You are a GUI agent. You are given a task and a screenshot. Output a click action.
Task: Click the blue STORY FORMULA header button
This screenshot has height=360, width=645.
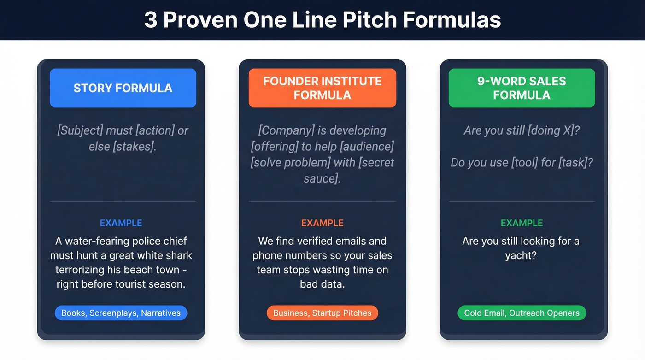(123, 88)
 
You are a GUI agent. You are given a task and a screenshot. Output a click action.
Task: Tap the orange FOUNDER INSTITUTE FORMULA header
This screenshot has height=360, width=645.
(322, 88)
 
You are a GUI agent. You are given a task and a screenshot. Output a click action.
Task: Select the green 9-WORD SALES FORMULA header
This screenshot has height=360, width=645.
(522, 88)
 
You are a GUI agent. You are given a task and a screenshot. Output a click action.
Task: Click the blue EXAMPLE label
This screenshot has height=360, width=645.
(121, 223)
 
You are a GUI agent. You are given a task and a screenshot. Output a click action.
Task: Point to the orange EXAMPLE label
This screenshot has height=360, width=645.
(322, 223)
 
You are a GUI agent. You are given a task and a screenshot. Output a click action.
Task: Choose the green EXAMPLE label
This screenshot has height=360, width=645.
(522, 223)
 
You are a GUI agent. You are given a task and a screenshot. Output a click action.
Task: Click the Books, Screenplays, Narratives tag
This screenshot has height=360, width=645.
(121, 313)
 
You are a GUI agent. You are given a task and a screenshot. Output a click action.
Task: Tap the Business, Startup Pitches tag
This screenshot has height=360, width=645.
(322, 313)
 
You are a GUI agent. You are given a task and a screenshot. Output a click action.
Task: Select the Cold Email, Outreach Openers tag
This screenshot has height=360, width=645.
(522, 313)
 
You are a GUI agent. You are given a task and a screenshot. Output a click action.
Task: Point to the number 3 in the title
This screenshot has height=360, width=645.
(150, 20)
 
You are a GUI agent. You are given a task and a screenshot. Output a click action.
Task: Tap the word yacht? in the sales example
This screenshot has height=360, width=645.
(521, 255)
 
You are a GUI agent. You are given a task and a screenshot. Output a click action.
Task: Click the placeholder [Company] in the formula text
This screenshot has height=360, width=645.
(286, 130)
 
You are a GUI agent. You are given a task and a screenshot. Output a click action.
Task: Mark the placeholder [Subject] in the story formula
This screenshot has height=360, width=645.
(80, 130)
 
